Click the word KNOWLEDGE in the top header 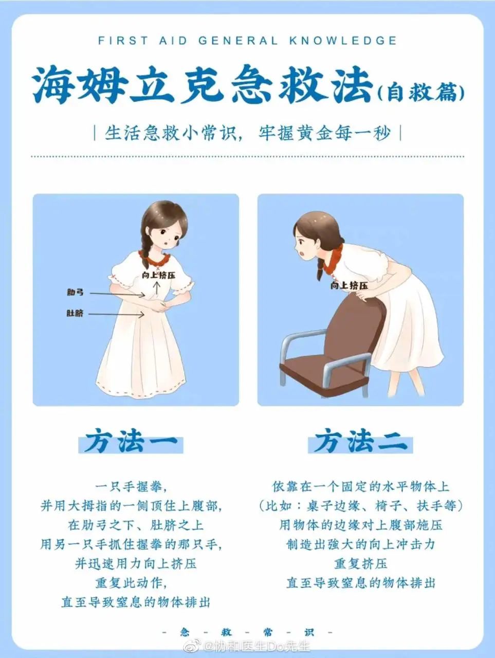click(x=343, y=41)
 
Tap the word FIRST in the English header click(x=123, y=41)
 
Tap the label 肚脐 click(x=75, y=314)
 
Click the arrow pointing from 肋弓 click(x=117, y=295)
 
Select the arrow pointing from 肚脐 click(x=116, y=314)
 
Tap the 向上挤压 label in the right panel click(x=349, y=285)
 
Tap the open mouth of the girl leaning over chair click(x=304, y=254)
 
